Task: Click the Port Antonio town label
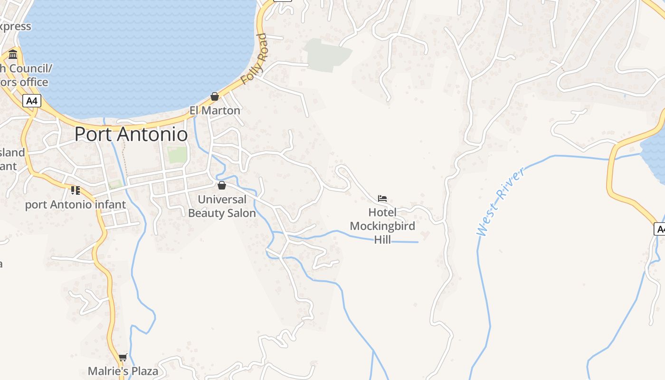(131, 134)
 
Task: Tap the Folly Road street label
(254, 59)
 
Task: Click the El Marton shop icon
(215, 97)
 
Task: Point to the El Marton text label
(215, 110)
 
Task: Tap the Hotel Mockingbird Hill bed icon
(382, 198)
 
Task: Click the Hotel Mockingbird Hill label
(382, 226)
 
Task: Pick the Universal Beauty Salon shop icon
(221, 185)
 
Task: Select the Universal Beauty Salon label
(222, 206)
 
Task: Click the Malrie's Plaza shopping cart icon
(123, 357)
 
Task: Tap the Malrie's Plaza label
(123, 371)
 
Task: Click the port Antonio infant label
(76, 205)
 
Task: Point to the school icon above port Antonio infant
(75, 190)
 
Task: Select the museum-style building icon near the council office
(13, 54)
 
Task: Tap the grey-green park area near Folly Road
(328, 55)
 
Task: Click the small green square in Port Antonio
(177, 154)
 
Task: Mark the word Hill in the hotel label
(382, 239)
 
